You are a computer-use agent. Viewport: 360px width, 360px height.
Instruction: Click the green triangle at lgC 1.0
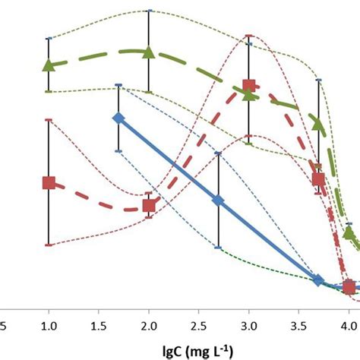(49, 65)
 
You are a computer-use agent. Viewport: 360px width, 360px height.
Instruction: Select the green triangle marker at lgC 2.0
(149, 52)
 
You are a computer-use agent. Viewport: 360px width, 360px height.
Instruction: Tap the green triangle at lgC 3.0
(248, 93)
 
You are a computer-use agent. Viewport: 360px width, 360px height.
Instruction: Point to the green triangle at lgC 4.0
(349, 232)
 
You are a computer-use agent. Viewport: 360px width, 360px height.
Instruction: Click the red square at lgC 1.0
(49, 182)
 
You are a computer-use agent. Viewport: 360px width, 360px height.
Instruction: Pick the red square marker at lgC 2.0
(149, 205)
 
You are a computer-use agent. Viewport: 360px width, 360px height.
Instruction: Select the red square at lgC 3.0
(248, 87)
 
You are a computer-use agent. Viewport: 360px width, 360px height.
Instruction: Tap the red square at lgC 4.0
(349, 286)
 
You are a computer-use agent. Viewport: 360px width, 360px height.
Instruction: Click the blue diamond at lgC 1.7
(118, 118)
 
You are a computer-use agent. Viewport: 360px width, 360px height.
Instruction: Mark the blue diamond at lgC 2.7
(219, 201)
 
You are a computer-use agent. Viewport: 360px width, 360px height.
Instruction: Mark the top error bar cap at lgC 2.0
(149, 11)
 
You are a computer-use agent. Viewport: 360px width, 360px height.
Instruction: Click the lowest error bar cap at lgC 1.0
(49, 245)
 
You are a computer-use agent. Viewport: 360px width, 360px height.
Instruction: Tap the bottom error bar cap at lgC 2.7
(219, 248)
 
